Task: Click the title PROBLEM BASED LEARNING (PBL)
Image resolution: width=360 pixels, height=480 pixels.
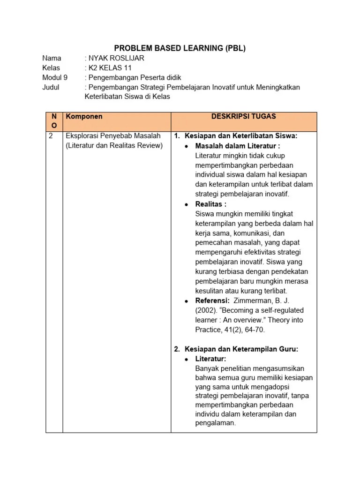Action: pyautogui.click(x=180, y=48)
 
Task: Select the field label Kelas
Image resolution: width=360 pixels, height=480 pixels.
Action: pyautogui.click(x=51, y=68)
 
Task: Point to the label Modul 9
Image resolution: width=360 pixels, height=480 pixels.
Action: pyautogui.click(x=55, y=78)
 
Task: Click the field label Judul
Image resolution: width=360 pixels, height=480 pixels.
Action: pyautogui.click(x=51, y=87)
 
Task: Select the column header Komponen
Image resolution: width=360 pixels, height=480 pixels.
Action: pyautogui.click(x=84, y=116)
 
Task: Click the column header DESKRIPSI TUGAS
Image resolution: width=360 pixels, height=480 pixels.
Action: pyautogui.click(x=244, y=116)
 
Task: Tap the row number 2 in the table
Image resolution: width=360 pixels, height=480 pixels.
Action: pyautogui.click(x=51, y=136)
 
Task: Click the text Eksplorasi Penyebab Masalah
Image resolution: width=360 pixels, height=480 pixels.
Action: pyautogui.click(x=113, y=136)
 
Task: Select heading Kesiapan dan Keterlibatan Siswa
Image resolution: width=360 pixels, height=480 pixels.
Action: pyautogui.click(x=241, y=136)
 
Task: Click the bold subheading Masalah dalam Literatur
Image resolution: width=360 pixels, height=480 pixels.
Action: pyautogui.click(x=237, y=146)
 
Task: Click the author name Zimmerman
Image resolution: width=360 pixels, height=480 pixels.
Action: pyautogui.click(x=254, y=300)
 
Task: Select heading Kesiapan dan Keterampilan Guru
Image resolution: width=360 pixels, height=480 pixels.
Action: pyautogui.click(x=241, y=349)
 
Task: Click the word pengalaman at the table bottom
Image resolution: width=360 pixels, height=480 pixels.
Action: pyautogui.click(x=214, y=423)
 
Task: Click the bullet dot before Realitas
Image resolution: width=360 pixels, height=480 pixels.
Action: pyautogui.click(x=187, y=204)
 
